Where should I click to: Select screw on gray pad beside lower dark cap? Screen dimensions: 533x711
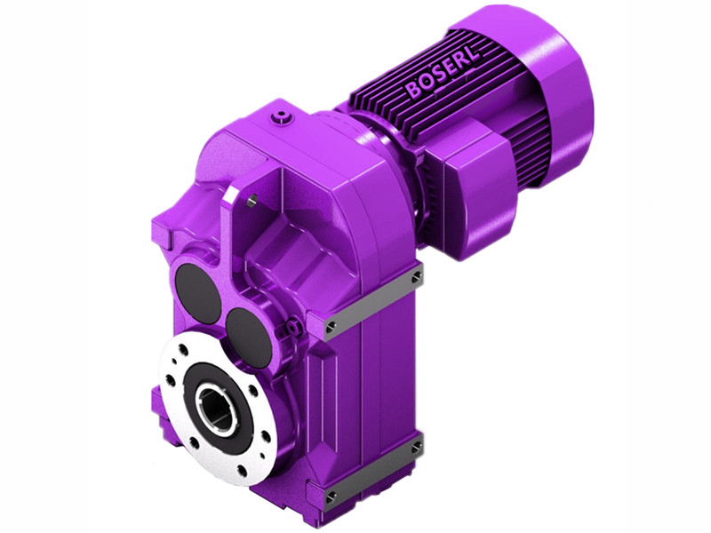pos(331,326)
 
